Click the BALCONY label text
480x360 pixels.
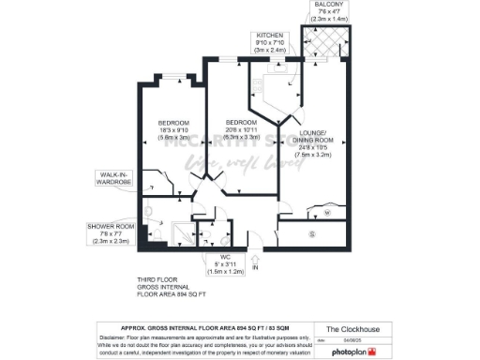coord(328,6)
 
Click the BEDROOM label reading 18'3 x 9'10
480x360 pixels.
coord(174,124)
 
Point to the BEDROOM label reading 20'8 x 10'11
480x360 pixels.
coord(240,124)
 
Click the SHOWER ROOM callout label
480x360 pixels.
coord(112,227)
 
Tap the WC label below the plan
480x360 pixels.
coord(225,256)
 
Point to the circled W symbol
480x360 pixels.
coord(326,213)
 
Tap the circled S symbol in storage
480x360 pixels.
coord(311,232)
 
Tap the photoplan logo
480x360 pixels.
coord(352,351)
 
